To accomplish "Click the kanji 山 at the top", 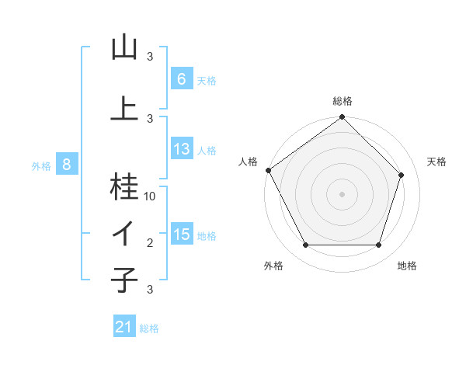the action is (x=124, y=48).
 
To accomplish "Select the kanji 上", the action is (x=124, y=109).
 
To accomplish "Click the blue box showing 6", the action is (x=181, y=79).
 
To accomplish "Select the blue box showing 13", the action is (x=181, y=149).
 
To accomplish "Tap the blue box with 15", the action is (x=181, y=235).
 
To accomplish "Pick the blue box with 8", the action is (x=67, y=165).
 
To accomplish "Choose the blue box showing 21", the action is (x=123, y=327).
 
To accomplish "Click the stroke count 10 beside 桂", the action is (x=150, y=196).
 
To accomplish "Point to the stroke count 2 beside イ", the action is (x=150, y=243).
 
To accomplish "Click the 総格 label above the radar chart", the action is (x=343, y=102).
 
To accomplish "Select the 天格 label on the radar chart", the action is (x=436, y=162).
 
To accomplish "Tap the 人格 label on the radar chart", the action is (x=248, y=162).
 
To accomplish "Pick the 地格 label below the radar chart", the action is (x=407, y=266).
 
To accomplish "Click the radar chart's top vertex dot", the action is (x=343, y=118).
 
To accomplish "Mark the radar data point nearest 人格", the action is (x=268, y=170).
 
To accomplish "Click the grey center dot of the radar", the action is (x=343, y=193).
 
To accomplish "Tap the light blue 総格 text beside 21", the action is (x=149, y=328).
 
